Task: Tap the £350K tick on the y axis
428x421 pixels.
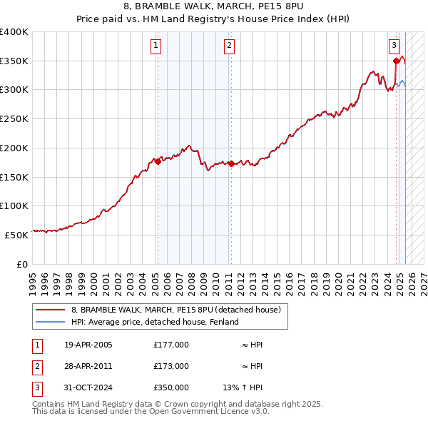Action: [x=14, y=61]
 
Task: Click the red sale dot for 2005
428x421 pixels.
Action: [x=158, y=161]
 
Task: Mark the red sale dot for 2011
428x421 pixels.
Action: [x=231, y=163]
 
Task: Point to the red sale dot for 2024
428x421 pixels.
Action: [x=396, y=61]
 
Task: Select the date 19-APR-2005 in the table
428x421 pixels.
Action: [x=88, y=345]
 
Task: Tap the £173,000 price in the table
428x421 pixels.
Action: [x=171, y=366]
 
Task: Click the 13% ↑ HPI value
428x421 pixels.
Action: [x=243, y=387]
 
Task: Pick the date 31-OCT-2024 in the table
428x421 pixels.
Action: [x=88, y=387]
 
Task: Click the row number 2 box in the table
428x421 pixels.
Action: [x=36, y=366]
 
